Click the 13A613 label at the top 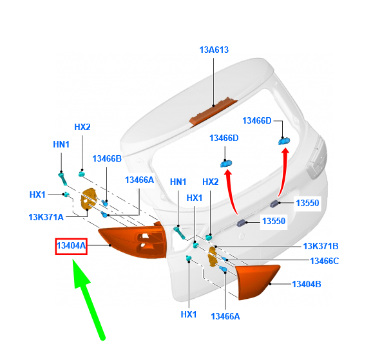[214, 50]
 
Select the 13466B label [107, 159]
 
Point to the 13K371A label [46, 217]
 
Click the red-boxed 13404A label [72, 245]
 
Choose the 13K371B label [321, 246]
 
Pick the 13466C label [324, 261]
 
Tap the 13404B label [307, 283]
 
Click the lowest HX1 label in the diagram [188, 314]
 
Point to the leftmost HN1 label [61, 145]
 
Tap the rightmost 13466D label [257, 120]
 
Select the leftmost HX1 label [38, 194]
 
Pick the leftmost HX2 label [82, 127]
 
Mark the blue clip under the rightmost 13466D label [281, 141]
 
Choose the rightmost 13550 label [307, 203]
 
